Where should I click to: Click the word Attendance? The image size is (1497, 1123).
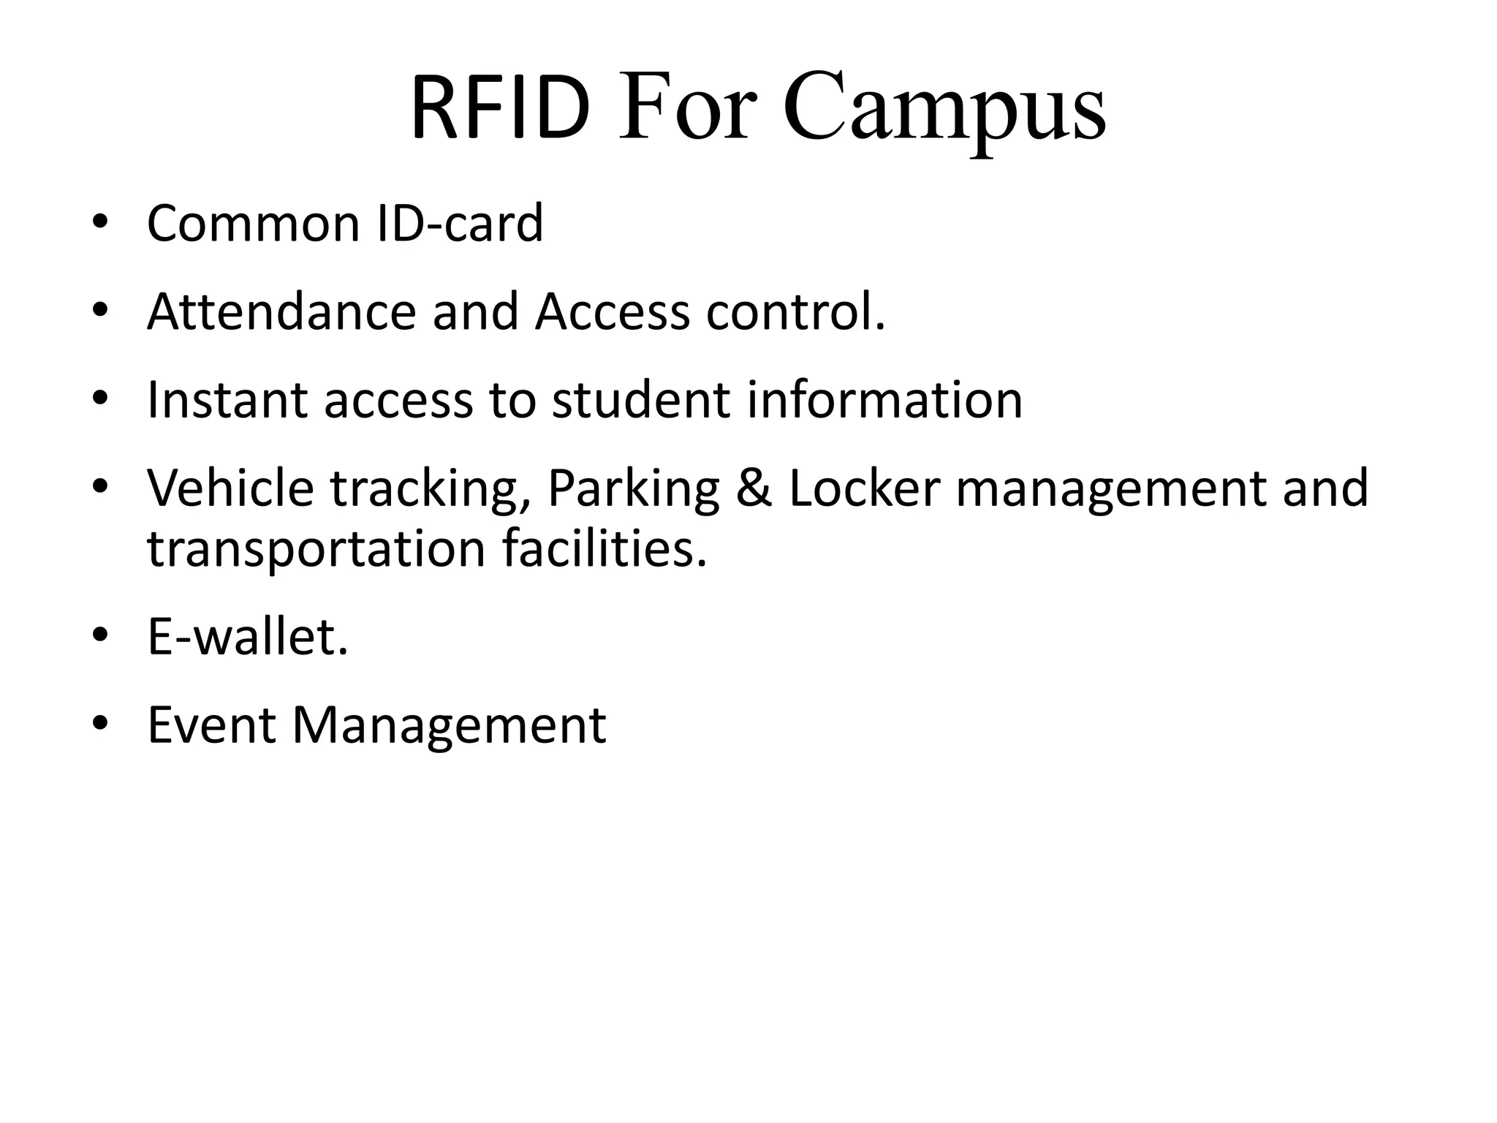[x=281, y=311]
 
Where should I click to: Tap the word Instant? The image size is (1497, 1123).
[x=227, y=400]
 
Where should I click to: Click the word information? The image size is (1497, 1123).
[x=884, y=400]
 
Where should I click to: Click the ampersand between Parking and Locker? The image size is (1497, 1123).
[x=754, y=488]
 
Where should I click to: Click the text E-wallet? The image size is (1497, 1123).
[x=248, y=637]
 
